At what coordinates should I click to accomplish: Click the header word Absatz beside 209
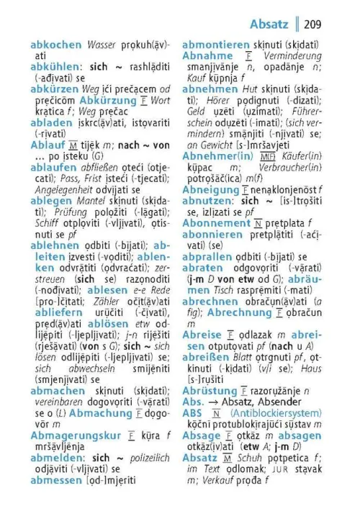click(x=269, y=24)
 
